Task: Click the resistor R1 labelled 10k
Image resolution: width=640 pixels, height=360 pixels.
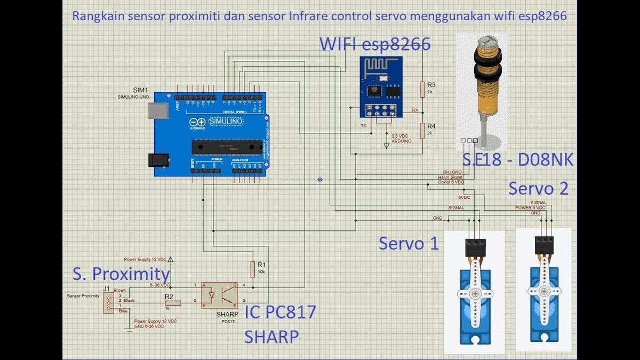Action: (253, 268)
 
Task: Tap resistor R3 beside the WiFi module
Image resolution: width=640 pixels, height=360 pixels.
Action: (422, 89)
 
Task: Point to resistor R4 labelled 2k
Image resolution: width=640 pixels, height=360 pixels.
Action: (422, 130)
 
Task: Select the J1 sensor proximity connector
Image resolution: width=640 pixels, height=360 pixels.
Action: (108, 302)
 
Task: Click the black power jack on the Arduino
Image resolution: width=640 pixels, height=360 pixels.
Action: (158, 159)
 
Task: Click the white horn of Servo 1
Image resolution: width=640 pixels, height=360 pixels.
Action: (475, 294)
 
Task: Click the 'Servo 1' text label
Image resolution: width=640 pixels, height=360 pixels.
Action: (409, 243)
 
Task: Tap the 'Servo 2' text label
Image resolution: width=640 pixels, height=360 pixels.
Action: (538, 188)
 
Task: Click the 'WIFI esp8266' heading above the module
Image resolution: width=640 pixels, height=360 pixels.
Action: (375, 44)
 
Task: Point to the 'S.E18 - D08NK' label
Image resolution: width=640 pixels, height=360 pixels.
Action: (517, 159)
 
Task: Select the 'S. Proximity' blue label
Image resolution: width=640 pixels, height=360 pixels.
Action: (121, 274)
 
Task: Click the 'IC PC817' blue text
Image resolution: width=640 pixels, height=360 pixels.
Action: (280, 312)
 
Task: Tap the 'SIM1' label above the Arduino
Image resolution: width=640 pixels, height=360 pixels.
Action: (140, 90)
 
